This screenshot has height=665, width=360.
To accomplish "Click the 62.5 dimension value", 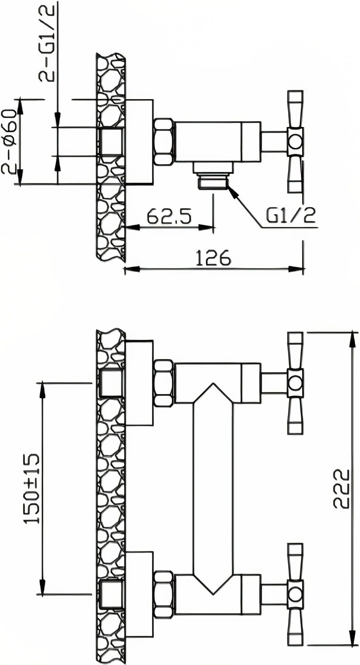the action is click(169, 217).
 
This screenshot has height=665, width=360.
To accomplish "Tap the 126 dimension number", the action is click(214, 258).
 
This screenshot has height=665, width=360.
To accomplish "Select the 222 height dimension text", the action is click(341, 488).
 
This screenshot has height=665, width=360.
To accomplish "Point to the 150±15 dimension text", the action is click(31, 489).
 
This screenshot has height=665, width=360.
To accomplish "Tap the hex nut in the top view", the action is click(164, 142).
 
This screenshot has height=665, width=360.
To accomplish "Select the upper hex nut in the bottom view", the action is click(164, 383).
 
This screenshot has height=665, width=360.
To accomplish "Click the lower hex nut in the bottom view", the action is click(164, 594).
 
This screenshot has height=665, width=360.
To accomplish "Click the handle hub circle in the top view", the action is click(295, 141).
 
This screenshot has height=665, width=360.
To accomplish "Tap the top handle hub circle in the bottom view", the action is click(295, 383).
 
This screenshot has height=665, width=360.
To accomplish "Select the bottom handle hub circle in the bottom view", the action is click(295, 594).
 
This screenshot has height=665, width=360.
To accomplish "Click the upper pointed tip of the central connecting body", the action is click(213, 383).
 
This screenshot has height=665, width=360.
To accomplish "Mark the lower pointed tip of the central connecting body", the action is click(213, 594).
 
